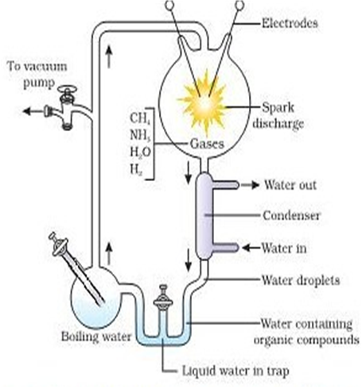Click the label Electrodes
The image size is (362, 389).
(290, 23)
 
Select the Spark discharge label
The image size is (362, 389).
(278, 116)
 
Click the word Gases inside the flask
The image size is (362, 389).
(207, 144)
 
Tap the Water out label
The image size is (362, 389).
(290, 185)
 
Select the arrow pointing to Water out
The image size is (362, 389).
(250, 185)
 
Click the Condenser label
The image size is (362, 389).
(291, 215)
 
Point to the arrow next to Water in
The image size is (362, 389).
(251, 248)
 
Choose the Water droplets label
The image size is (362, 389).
(301, 280)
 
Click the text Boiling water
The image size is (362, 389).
(96, 337)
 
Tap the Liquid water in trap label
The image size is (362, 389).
(235, 371)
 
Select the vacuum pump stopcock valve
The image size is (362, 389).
(66, 107)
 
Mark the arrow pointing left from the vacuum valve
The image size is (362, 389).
(33, 111)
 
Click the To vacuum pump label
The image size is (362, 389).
(37, 75)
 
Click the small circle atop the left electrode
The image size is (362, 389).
(169, 5)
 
